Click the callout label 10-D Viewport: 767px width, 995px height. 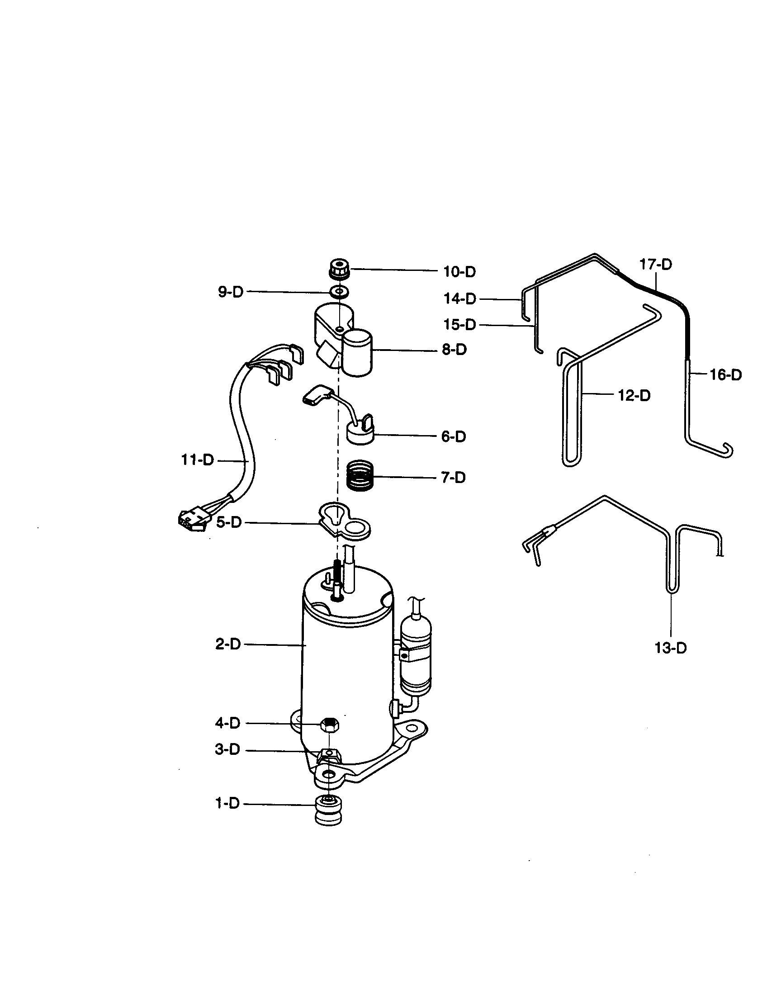coord(459,272)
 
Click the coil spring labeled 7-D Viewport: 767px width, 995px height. coord(360,475)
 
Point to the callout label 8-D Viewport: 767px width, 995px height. coord(454,350)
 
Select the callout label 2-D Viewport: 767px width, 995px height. coord(228,644)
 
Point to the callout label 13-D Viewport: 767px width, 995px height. coord(670,648)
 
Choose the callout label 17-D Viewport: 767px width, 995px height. coord(656,264)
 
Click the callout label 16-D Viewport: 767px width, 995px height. coord(726,375)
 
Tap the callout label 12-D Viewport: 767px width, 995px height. coord(634,395)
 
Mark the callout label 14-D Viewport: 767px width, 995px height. coord(459,299)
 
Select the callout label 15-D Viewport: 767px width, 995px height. coord(459,325)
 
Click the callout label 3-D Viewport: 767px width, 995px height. coord(227,749)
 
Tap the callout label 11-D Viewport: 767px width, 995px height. coord(198,460)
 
